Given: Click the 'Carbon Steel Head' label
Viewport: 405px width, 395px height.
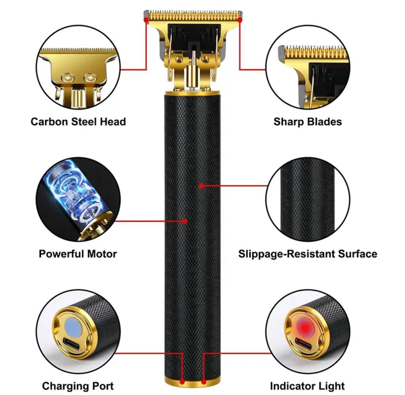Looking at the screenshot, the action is coord(78,122).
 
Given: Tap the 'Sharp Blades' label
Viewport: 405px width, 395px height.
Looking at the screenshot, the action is coord(308,122).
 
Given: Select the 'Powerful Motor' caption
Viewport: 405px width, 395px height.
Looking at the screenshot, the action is coord(78,254).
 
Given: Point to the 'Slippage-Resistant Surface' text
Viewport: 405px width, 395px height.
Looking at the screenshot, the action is coord(308,254).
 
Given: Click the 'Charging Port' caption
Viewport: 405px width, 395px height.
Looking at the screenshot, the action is coord(78,386).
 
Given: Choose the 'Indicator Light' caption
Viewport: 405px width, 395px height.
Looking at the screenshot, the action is coord(307,386).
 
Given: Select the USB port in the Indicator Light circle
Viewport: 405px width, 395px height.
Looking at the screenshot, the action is coord(302,346).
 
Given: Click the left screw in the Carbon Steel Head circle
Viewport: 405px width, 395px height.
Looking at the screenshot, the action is coord(68,78).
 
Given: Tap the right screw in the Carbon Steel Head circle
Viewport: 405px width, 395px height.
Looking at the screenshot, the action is coord(89,77).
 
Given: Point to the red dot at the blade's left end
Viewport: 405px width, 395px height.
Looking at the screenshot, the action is coord(146,20).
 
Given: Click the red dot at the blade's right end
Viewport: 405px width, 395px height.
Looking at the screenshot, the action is coord(240,20).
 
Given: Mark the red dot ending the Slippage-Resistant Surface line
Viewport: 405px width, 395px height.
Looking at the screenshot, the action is coord(201,185).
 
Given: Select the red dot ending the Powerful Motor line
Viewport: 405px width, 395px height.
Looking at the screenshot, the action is coord(185,221).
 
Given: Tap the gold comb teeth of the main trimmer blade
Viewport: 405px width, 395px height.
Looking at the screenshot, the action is coord(193,15).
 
